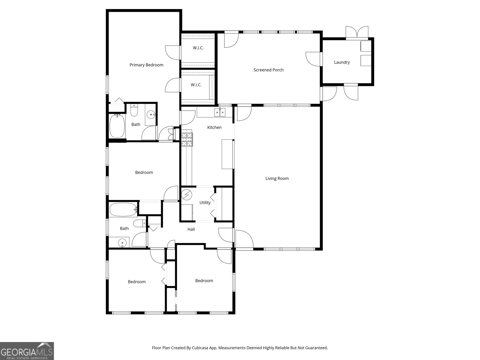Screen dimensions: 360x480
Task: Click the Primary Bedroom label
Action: pyautogui.click(x=146, y=65)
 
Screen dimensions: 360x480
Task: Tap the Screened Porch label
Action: pyautogui.click(x=268, y=70)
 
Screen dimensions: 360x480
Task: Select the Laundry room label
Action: pyautogui.click(x=342, y=62)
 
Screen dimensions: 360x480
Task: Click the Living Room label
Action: pyautogui.click(x=277, y=178)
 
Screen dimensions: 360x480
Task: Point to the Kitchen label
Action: pyautogui.click(x=214, y=127)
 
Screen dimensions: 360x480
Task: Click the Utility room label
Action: pyautogui.click(x=205, y=202)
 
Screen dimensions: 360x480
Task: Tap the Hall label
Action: pyautogui.click(x=191, y=229)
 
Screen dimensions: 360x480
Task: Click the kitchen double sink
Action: pyautogui.click(x=220, y=112)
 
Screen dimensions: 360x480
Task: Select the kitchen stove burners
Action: pyautogui.click(x=187, y=139)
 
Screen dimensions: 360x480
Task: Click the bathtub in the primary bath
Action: pyautogui.click(x=117, y=126)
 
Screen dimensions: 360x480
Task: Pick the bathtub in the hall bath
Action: pyautogui.click(x=123, y=210)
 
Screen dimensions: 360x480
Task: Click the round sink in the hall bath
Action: pyautogui.click(x=122, y=242)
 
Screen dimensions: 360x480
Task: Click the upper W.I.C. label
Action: pyautogui.click(x=198, y=48)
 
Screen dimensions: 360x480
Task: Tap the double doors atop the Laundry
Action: pyautogui.click(x=357, y=32)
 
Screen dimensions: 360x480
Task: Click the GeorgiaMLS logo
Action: pyautogui.click(x=27, y=351)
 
